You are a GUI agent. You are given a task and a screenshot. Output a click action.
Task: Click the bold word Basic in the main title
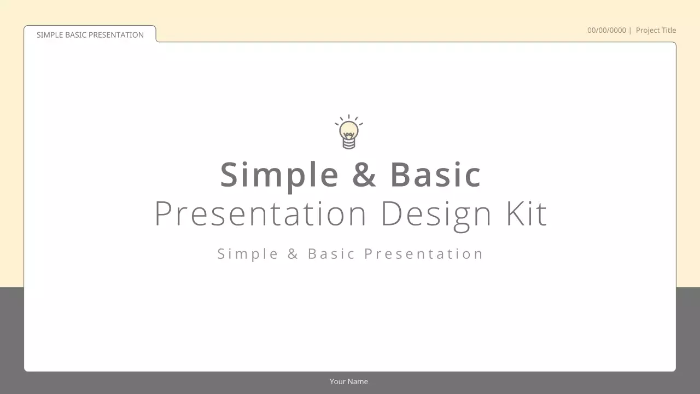point(435,175)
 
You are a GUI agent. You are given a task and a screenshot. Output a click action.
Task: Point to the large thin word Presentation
point(260,213)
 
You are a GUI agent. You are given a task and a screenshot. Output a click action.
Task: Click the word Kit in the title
point(526,213)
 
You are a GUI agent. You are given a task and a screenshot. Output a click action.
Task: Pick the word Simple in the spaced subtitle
point(248,254)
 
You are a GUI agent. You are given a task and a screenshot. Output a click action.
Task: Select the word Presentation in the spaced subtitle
point(424,254)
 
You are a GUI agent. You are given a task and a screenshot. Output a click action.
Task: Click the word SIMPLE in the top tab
point(50,35)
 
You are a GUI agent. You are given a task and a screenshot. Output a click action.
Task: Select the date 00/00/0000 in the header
point(606,31)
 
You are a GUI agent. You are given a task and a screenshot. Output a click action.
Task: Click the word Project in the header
point(648,31)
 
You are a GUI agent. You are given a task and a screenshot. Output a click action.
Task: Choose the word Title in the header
point(669,31)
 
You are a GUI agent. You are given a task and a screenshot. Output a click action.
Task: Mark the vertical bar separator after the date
point(630,31)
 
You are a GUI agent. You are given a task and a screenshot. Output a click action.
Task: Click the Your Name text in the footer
point(349,381)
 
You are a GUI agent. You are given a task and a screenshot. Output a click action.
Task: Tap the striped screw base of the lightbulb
point(349,143)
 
